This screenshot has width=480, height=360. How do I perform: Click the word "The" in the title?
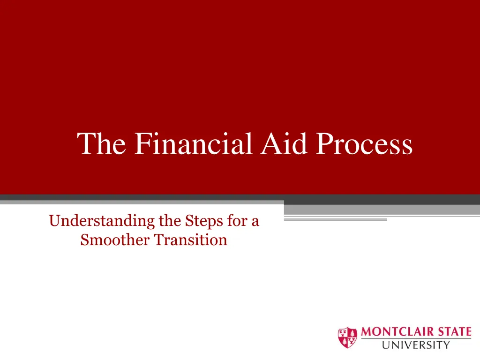coord(101,143)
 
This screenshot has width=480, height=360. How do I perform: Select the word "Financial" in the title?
coord(194,143)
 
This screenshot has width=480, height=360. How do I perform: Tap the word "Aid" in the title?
coord(284,143)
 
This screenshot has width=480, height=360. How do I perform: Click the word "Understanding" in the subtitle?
coord(102,221)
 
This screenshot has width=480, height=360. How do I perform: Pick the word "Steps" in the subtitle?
coord(204,221)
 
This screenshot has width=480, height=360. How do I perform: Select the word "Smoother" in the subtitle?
coord(115,240)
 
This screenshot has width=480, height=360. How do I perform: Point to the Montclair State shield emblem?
coord(347,337)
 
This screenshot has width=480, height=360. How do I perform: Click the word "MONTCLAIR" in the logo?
coord(397,332)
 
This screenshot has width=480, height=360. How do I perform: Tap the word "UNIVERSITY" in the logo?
coord(416,345)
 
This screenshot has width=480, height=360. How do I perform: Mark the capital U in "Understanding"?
coord(55,221)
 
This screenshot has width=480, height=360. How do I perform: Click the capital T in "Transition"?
coord(159,240)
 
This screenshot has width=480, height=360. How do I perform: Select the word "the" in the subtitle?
coord(170,220)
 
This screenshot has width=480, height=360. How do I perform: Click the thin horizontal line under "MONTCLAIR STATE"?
coord(416,338)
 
